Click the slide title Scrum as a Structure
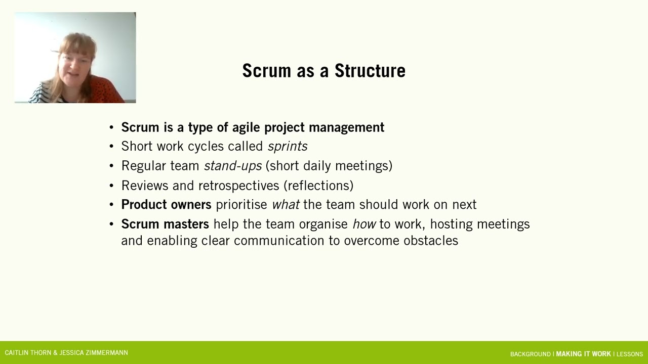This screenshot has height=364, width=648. click(323, 71)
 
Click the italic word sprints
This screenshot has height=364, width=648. click(288, 147)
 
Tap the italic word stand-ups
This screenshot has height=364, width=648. click(233, 166)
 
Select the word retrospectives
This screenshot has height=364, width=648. click(238, 186)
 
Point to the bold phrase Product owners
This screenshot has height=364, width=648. click(166, 205)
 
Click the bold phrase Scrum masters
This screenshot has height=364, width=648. click(165, 224)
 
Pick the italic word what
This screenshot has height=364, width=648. click(286, 205)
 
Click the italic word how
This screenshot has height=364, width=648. click(364, 224)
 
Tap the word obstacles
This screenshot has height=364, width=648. click(430, 241)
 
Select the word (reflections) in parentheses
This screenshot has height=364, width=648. click(318, 186)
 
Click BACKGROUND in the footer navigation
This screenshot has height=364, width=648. click(530, 354)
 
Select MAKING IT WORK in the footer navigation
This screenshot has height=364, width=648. click(583, 354)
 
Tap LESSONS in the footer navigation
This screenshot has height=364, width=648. click(629, 354)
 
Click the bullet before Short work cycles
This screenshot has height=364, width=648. click(112, 147)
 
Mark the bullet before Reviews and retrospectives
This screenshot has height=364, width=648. click(112, 186)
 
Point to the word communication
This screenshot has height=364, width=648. click(279, 241)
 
